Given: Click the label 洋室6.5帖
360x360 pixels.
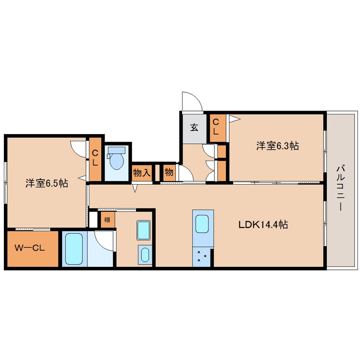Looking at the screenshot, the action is point(47,183).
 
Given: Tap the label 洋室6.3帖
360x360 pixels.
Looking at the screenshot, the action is point(277,146).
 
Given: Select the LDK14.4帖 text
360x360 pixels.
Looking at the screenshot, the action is point(263,224).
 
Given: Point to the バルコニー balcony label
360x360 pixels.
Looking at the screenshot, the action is point(340,188).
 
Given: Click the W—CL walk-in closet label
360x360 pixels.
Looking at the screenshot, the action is point(30,248).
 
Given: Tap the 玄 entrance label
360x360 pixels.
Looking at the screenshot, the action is point(194,127).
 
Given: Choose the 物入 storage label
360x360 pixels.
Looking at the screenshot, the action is point(142,172).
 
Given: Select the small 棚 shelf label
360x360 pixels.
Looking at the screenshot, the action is point(107,220).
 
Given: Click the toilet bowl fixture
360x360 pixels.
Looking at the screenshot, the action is point(117,158).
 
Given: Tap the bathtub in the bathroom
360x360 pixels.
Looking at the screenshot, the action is point(74,249).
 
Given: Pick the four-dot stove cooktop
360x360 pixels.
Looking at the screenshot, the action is point(202,257).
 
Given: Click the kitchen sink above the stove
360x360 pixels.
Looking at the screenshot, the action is point(202,224).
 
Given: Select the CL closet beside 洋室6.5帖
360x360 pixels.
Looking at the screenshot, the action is point(95,158).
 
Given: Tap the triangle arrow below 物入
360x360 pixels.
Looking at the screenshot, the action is point(135,188).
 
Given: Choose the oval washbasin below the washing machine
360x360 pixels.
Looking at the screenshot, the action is point(145,255).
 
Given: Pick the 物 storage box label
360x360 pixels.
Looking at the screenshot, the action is point(169,172).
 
